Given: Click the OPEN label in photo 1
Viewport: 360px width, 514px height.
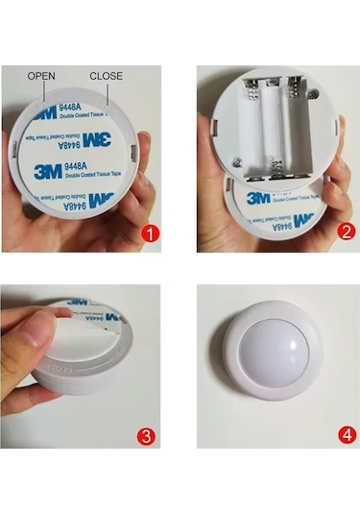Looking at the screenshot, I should click(x=42, y=75).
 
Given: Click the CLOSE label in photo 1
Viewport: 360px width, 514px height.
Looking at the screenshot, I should click(x=106, y=75).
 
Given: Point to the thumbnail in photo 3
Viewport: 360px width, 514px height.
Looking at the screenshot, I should click(x=41, y=329).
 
